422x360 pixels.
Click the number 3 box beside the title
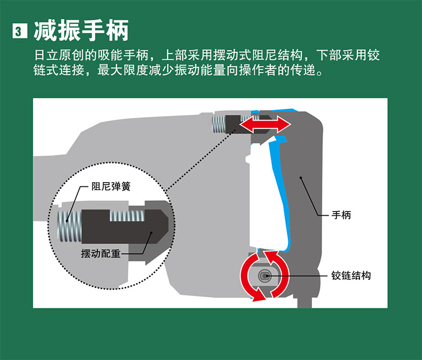pyautogui.click(x=20, y=31)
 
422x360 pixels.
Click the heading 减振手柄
pyautogui.click(x=81, y=30)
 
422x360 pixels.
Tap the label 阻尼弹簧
pyautogui.click(x=111, y=186)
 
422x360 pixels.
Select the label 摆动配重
pyautogui.click(x=100, y=254)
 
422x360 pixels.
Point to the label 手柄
pyautogui.click(x=341, y=215)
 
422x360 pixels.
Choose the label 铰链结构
pyautogui.click(x=351, y=276)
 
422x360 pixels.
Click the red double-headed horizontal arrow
pyautogui.click(x=265, y=125)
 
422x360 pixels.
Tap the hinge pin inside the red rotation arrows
pyautogui.click(x=264, y=276)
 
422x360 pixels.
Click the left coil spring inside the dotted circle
pyautogui.click(x=69, y=226)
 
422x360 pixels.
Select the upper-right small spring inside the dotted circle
pyautogui.click(x=127, y=216)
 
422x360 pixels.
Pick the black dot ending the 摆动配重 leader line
pyautogui.click(x=151, y=233)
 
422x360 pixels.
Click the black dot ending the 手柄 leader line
pyautogui.click(x=301, y=177)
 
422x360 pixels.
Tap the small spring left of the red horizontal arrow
pyautogui.click(x=218, y=124)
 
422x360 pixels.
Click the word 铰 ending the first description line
pyautogui.click(x=373, y=55)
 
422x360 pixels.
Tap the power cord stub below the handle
pyautogui.click(x=304, y=302)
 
